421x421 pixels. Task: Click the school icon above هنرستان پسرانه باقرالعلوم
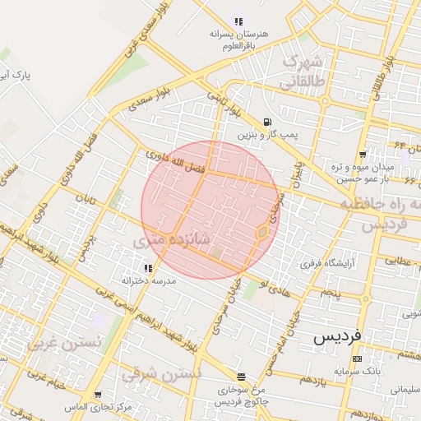pyautogui.click(x=238, y=21)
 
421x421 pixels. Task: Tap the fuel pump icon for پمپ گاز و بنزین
pyautogui.click(x=266, y=121)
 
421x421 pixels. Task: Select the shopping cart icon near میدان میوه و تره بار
pyautogui.click(x=362, y=155)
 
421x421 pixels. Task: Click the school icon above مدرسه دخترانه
pyautogui.click(x=148, y=268)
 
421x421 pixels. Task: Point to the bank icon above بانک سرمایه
pyautogui.click(x=356, y=359)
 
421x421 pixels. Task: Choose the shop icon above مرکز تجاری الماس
pyautogui.click(x=99, y=396)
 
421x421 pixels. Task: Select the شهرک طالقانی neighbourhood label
pyautogui.click(x=300, y=72)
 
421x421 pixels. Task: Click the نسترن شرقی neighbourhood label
pyautogui.click(x=161, y=374)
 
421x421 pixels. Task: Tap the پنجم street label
pyautogui.click(x=329, y=294)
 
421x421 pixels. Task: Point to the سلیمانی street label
pyautogui.click(x=403, y=388)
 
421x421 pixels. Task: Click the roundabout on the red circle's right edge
pyautogui.click(x=261, y=234)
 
